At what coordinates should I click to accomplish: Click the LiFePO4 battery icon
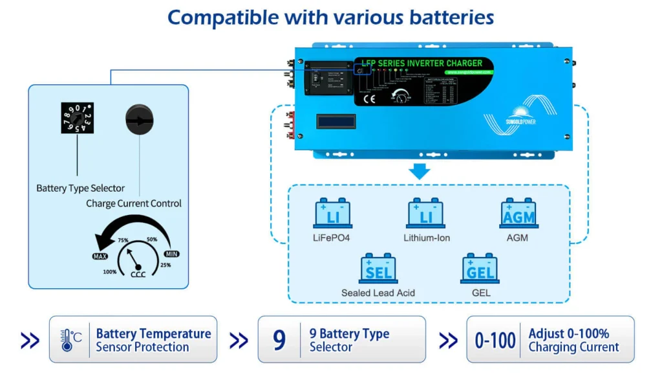coord(332,213)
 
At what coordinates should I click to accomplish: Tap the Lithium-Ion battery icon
coord(425,213)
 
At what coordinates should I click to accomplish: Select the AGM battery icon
coord(518,213)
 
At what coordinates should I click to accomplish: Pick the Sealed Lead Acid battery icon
coord(378,269)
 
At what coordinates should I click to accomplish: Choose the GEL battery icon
coord(480,269)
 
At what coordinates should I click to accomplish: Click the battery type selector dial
coord(78,119)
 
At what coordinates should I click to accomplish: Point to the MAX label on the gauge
coord(100,256)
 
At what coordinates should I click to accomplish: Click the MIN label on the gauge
coord(171,254)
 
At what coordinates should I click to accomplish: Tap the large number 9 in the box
coord(279,340)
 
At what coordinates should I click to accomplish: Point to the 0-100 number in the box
coord(495,340)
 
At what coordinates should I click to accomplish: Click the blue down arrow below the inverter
coord(420,172)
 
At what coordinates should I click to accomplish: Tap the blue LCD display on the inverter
coord(336,122)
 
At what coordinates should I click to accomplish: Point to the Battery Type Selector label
coord(80,188)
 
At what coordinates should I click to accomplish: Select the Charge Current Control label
coord(134,203)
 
